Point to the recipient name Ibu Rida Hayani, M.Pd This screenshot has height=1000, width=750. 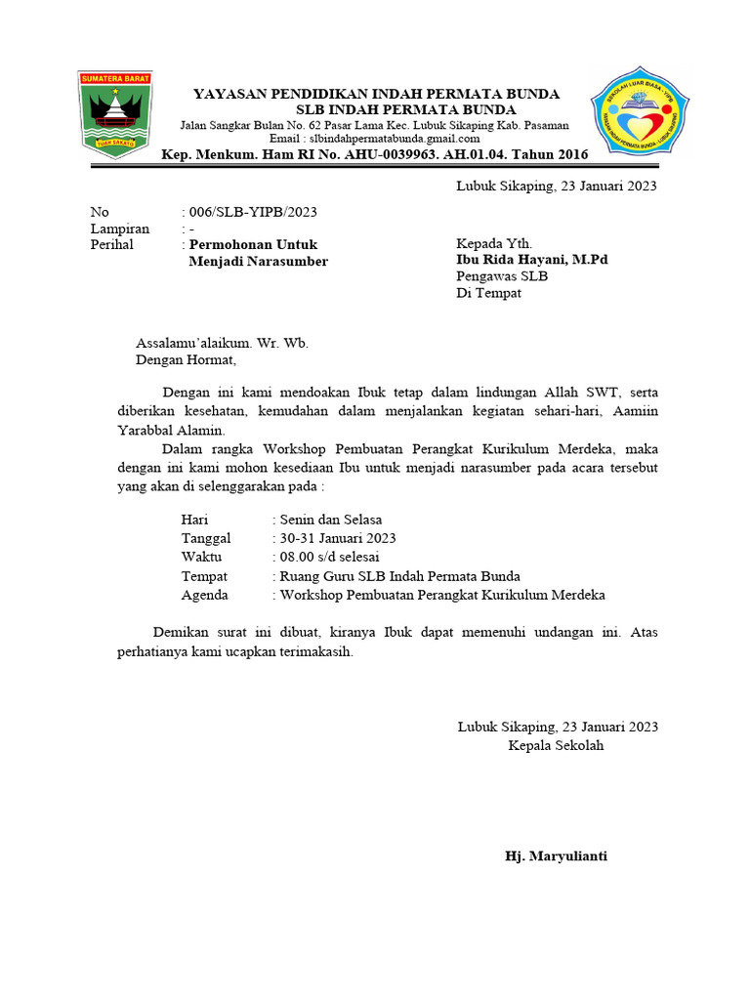pyautogui.click(x=531, y=260)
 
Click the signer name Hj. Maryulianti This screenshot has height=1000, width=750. pyautogui.click(x=556, y=856)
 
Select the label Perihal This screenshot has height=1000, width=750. pyautogui.click(x=111, y=244)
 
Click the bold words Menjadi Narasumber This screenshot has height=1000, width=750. pyautogui.click(x=258, y=261)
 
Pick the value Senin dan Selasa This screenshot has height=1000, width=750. pyautogui.click(x=330, y=520)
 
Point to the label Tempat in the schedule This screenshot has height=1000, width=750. pyautogui.click(x=204, y=576)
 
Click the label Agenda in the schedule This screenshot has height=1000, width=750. pyautogui.click(x=205, y=595)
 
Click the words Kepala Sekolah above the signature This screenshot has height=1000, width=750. pyautogui.click(x=556, y=745)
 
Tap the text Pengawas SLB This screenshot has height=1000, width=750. pyautogui.click(x=502, y=276)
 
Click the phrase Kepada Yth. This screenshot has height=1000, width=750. pyautogui.click(x=494, y=243)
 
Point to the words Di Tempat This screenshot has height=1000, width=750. pyautogui.click(x=489, y=293)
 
